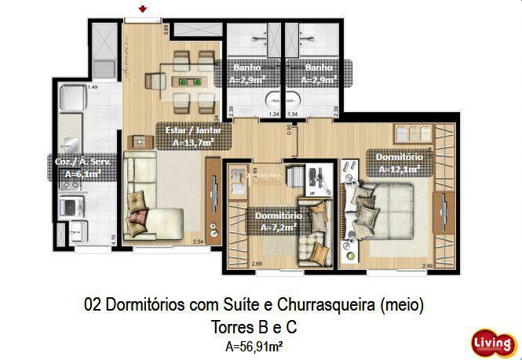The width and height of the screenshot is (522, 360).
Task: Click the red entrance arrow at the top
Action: (x=142, y=9)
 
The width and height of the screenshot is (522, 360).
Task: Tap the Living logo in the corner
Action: (x=493, y=343)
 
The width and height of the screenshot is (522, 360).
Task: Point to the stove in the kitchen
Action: (x=72, y=206)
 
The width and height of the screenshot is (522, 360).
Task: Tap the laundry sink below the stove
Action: (x=78, y=233)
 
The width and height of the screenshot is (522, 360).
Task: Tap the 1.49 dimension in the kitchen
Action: (x=93, y=87)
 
